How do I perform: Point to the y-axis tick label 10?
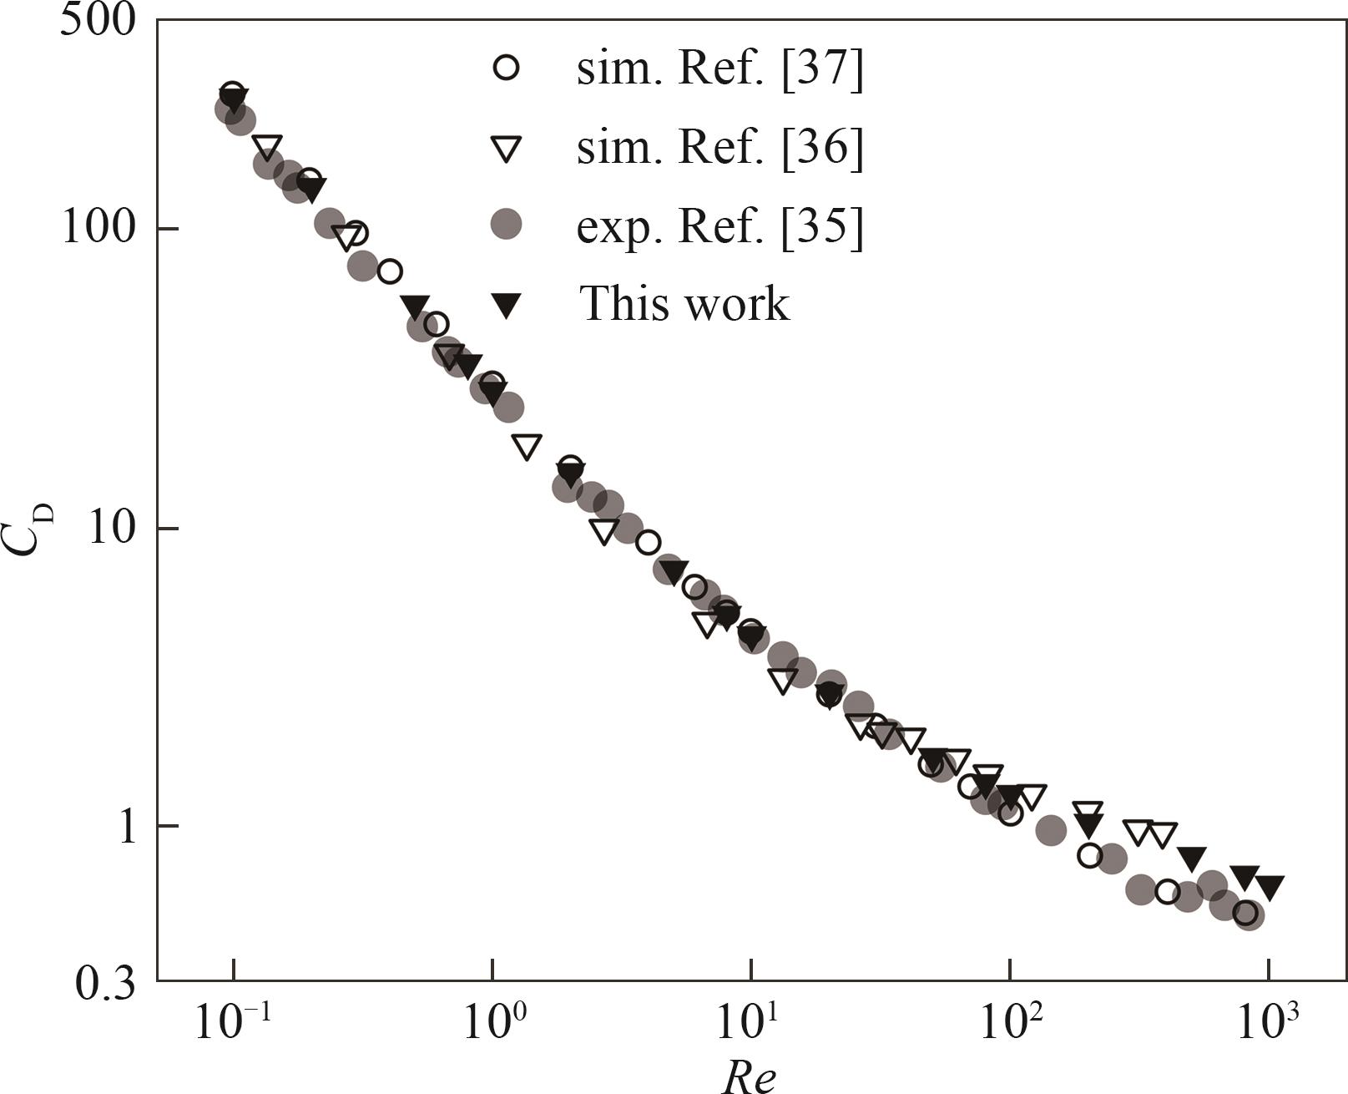112,528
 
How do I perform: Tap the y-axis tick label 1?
127,826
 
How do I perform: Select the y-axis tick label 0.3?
104,983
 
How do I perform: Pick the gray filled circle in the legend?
506,224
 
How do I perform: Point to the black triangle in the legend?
506,304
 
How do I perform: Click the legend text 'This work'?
684,302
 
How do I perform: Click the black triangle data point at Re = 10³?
1269,887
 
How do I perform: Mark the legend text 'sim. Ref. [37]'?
719,68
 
